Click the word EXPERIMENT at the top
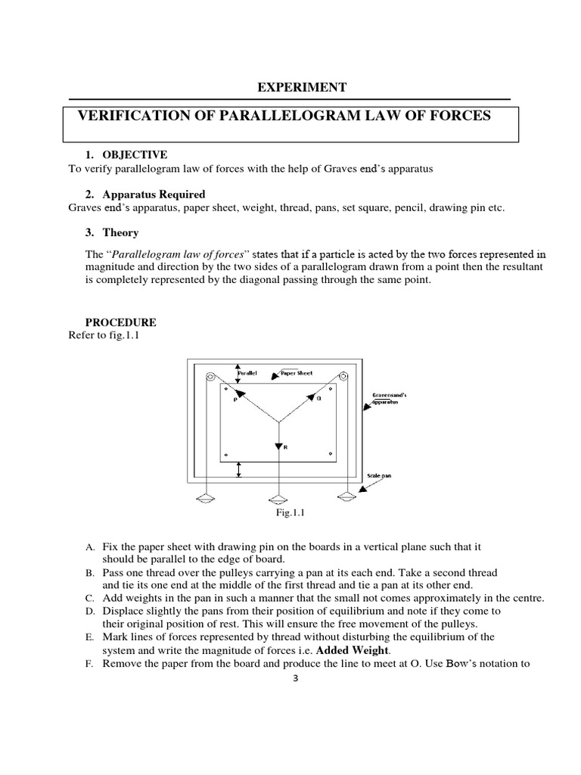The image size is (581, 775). coord(302,88)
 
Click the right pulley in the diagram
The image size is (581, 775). coord(343,376)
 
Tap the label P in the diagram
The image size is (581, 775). coord(235,400)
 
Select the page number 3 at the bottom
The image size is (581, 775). coord(296,678)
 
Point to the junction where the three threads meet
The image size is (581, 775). coord(278,422)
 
